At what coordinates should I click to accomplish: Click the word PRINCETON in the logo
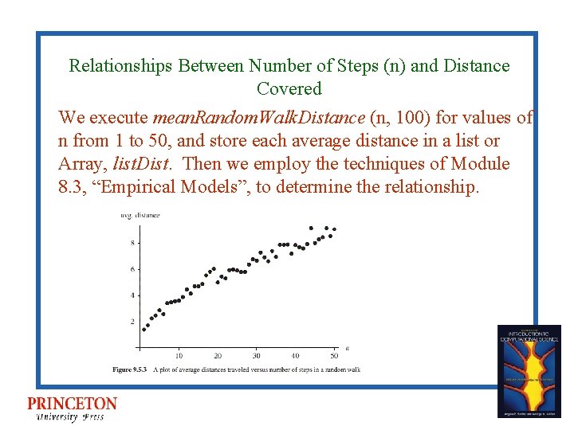[x=72, y=404]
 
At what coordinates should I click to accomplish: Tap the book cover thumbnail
[x=529, y=370]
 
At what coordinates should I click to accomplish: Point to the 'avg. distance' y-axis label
[x=140, y=215]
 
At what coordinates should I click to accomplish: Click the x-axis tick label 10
[x=179, y=355]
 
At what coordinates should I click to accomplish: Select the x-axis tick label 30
[x=256, y=355]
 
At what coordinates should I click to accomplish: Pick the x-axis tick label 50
[x=334, y=355]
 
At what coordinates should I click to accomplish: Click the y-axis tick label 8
[x=132, y=243]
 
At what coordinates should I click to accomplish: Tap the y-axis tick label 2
[x=132, y=322]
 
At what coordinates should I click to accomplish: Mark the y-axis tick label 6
[x=132, y=269]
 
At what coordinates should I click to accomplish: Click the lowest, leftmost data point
[x=143, y=329]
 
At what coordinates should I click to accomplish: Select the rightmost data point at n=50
[x=334, y=229]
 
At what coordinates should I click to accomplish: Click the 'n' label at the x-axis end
[x=347, y=347]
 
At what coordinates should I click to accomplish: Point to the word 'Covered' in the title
[x=289, y=88]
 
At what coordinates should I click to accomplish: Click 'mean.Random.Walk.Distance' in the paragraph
[x=259, y=118]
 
